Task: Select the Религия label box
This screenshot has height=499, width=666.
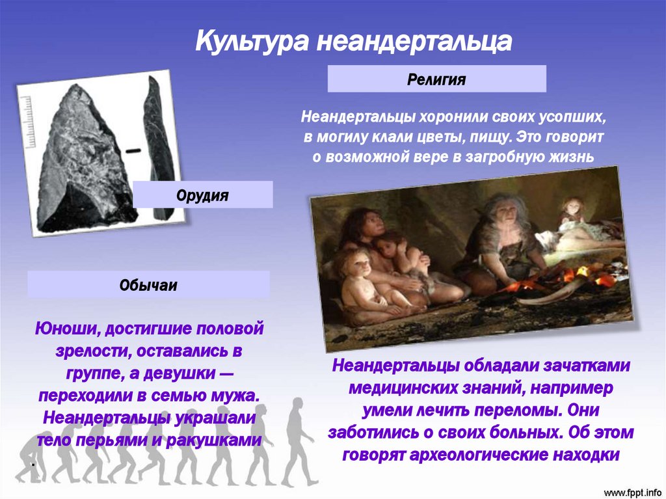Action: click(x=436, y=79)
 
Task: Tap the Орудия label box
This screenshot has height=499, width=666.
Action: click(x=203, y=195)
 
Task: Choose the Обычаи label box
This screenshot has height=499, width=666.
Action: click(x=148, y=284)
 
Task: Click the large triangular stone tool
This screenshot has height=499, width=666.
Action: click(x=81, y=161)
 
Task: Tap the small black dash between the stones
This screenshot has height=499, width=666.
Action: click(x=133, y=150)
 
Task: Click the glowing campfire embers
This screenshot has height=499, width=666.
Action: click(x=565, y=278)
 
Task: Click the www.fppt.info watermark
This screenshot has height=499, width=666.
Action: click(x=632, y=493)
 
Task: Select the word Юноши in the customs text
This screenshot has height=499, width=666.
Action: click(x=67, y=329)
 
